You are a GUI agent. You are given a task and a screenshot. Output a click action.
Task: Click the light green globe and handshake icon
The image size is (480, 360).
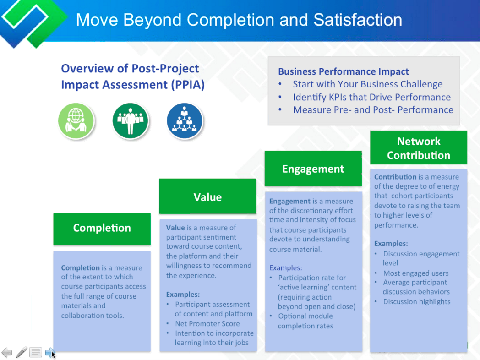[x=76, y=120]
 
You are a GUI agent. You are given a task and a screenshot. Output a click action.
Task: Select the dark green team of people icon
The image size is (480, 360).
[x=131, y=120]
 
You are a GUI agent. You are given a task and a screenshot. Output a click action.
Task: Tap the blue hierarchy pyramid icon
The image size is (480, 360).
[x=185, y=120]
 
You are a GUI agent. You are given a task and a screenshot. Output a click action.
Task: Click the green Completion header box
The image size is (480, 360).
[x=102, y=229]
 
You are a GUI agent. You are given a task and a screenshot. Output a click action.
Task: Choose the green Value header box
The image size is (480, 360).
[x=207, y=196]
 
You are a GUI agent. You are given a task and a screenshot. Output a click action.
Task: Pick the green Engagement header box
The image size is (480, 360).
[x=313, y=169]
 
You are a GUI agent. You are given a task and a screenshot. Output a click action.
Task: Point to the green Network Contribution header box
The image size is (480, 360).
[x=419, y=147]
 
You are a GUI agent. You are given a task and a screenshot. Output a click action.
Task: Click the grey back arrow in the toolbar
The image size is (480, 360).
[x=7, y=352]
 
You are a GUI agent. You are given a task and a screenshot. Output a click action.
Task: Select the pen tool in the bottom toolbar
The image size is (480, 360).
[x=22, y=352]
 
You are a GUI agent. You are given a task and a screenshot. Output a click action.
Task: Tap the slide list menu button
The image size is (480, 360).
[x=36, y=352]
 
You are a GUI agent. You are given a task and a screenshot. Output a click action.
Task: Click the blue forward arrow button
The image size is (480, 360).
[x=50, y=352]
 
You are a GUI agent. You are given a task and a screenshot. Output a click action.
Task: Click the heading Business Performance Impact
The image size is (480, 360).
[x=343, y=71]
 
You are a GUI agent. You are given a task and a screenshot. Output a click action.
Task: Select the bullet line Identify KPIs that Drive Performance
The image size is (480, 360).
[x=371, y=97]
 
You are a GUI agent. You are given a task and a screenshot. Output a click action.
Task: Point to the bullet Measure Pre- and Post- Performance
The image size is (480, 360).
[x=373, y=109]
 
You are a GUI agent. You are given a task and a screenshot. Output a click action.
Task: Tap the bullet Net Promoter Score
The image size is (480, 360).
[x=207, y=323]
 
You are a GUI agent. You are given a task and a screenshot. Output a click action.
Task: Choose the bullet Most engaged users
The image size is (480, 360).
[x=416, y=273]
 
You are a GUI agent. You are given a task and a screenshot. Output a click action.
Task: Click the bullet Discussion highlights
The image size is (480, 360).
[x=417, y=301]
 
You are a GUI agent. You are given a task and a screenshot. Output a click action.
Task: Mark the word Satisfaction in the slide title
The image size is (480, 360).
[x=358, y=20]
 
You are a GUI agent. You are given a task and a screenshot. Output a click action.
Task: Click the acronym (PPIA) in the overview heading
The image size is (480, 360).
[x=188, y=85]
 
